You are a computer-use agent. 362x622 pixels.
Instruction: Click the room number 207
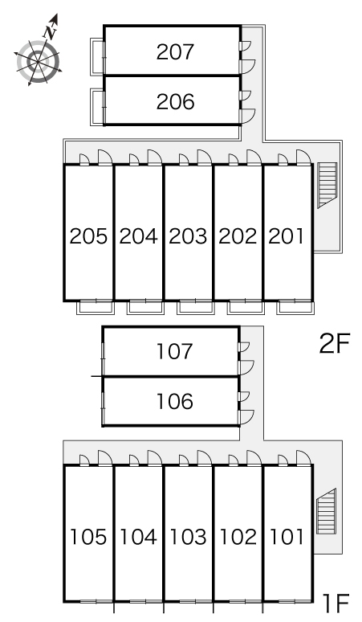[x=175, y=52]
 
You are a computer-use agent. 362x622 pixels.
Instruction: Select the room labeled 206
[x=175, y=102]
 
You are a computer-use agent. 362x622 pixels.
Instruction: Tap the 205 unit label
[x=88, y=236]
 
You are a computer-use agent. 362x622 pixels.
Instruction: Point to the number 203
[x=188, y=236]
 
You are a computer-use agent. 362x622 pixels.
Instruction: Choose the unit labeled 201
[x=286, y=236]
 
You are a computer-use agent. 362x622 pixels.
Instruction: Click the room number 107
[x=175, y=351]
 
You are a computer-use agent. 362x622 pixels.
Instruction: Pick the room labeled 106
[x=175, y=402]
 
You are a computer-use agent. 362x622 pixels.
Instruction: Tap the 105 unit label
[x=88, y=537]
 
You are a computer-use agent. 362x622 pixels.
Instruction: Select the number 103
[x=188, y=537]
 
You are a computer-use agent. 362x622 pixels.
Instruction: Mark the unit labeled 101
[x=287, y=537]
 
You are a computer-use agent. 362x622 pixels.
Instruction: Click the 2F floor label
[x=335, y=343]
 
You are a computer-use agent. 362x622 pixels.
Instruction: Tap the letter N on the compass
[x=51, y=31]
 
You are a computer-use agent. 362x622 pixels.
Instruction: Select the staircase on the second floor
[x=327, y=186]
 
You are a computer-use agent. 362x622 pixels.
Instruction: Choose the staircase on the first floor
[x=327, y=511]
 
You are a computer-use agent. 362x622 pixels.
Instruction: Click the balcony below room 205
[x=96, y=308]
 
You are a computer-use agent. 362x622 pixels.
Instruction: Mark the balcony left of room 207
[x=97, y=56]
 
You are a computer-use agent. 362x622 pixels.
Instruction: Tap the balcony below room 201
[x=295, y=308]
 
